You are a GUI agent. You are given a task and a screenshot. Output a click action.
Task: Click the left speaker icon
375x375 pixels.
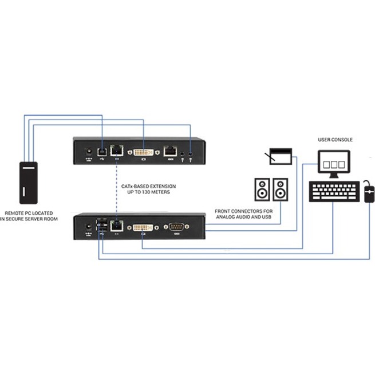262,190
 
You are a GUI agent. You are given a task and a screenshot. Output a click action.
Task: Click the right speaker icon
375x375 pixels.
281,190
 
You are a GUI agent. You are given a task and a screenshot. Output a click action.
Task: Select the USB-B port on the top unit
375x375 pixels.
102,151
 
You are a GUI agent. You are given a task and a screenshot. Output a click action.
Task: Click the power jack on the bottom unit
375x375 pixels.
88,227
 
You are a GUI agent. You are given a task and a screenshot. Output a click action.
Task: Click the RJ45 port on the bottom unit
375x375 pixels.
117,226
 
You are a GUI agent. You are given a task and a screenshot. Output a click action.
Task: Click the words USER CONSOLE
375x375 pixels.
335,139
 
